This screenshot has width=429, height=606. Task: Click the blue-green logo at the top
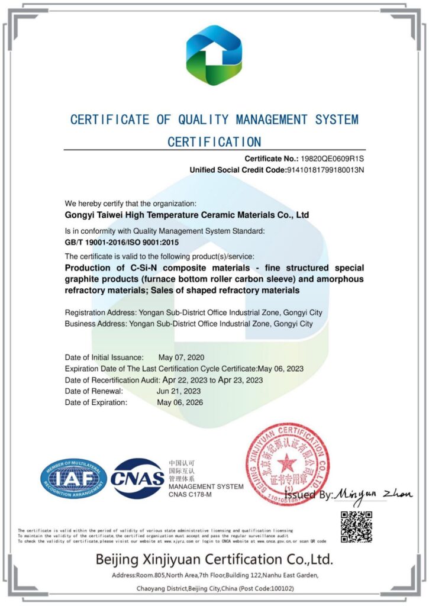[214, 55]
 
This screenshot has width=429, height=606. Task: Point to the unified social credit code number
[326, 170]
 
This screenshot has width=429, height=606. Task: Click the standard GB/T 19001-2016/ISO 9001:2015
[121, 243]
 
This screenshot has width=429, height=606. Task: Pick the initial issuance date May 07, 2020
[181, 357]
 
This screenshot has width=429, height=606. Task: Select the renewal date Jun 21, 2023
[179, 391]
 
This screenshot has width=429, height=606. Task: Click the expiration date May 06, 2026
[180, 402]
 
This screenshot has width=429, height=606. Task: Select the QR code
[356, 526]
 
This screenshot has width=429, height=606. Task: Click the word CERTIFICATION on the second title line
[214, 142]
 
